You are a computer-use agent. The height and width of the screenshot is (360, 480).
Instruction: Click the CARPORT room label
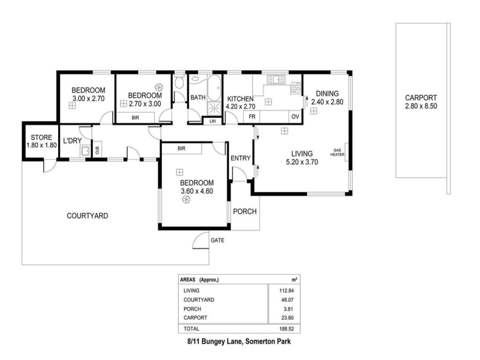click(421, 98)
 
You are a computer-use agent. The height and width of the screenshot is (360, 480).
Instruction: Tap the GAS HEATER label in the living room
click(337, 152)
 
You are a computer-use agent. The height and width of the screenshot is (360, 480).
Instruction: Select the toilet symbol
click(178, 82)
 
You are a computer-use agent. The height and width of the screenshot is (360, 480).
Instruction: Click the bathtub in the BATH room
click(214, 88)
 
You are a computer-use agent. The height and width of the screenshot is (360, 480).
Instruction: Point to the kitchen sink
click(276, 80)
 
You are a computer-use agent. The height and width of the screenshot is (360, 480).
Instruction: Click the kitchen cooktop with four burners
click(296, 88)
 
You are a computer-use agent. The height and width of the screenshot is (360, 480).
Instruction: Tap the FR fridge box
click(251, 116)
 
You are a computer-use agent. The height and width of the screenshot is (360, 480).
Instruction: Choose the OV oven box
click(295, 116)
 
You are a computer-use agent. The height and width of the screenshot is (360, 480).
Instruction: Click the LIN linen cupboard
click(213, 121)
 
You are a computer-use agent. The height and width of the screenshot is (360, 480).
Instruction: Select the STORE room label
click(41, 137)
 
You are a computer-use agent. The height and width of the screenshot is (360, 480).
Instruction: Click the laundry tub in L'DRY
click(85, 151)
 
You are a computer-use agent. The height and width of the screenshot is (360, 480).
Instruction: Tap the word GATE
click(217, 241)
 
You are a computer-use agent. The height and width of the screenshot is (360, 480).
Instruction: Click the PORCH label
click(245, 212)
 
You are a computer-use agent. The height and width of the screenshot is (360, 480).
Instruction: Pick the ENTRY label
click(241, 158)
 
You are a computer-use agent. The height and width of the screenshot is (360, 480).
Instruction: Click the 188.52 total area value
click(287, 329)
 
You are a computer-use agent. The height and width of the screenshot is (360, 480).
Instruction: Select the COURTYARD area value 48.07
click(287, 300)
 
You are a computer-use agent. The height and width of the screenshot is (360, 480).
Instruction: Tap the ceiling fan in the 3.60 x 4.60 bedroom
click(186, 200)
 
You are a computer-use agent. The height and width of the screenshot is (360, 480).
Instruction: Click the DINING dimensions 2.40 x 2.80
click(327, 102)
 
